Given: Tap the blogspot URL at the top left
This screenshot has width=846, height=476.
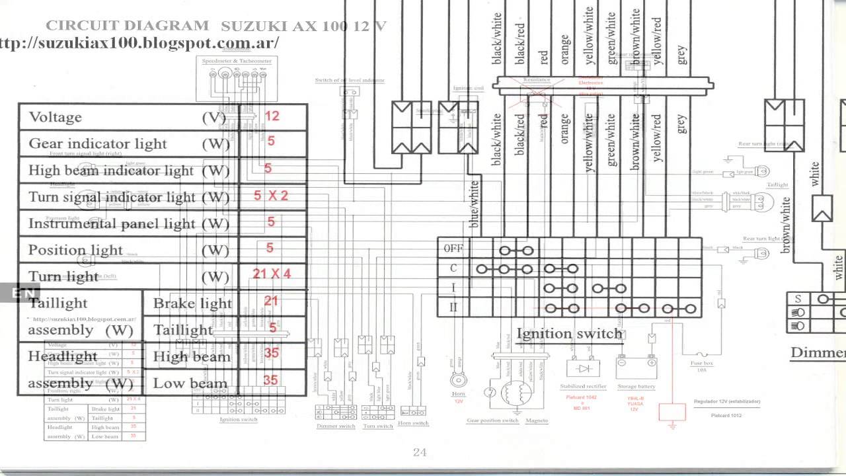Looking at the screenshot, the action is click(139, 43).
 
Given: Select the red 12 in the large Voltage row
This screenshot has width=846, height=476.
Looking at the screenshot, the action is click(272, 116).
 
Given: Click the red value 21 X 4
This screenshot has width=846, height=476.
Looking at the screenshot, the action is click(271, 274).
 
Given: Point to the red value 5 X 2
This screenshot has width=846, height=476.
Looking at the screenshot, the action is click(271, 196).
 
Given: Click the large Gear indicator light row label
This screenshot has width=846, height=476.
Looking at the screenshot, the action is click(98, 144).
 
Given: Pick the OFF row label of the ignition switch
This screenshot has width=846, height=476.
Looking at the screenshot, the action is click(453, 249).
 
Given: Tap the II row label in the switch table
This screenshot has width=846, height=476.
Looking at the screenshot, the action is click(453, 307).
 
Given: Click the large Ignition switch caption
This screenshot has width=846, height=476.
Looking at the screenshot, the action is click(569, 333).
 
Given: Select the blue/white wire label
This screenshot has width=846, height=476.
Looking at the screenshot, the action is click(473, 205).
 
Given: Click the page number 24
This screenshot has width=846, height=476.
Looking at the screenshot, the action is click(420, 452).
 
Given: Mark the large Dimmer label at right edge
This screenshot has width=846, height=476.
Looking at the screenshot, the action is click(818, 352).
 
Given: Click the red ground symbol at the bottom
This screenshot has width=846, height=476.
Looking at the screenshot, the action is click(673, 415).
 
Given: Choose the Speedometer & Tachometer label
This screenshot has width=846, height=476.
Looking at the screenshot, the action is click(237, 61).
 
